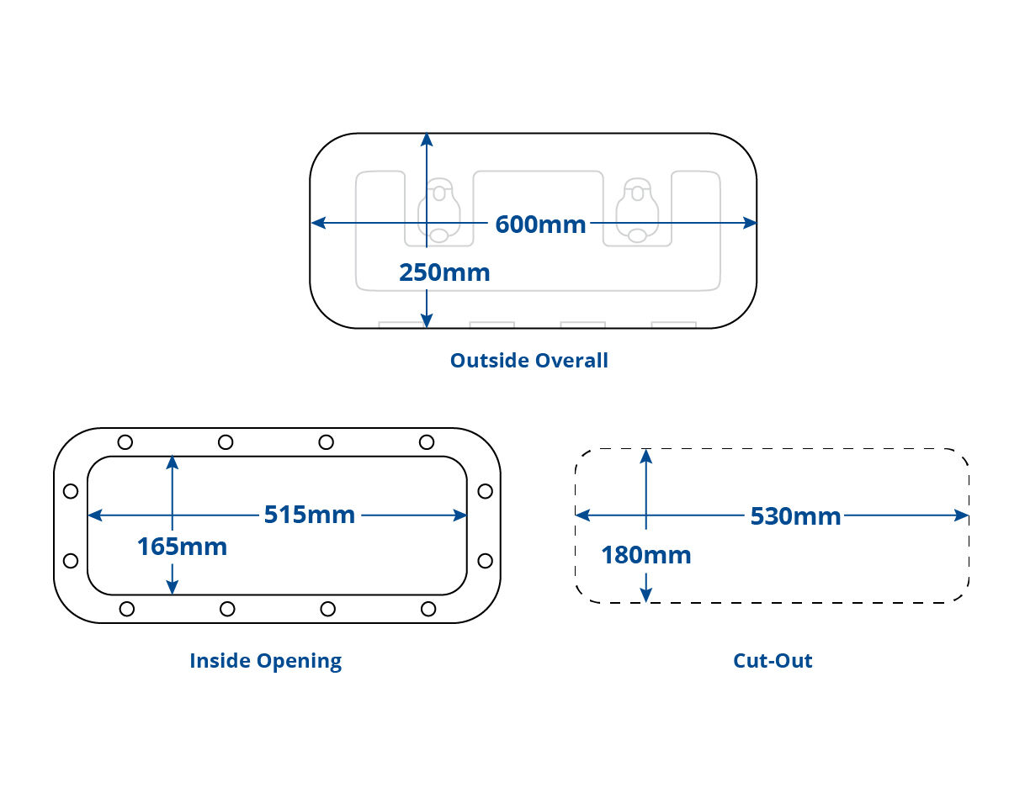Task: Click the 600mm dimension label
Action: [x=540, y=225]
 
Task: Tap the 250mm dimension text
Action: [x=443, y=272]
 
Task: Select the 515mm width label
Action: [x=309, y=515]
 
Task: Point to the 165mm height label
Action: [x=182, y=547]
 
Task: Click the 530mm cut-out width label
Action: [x=795, y=516]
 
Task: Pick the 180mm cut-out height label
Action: [x=645, y=555]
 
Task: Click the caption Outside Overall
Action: [x=528, y=361]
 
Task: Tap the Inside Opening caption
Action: [x=265, y=661]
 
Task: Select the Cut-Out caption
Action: [x=773, y=661]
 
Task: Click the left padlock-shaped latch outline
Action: [x=438, y=210]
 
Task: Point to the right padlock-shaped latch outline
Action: [x=637, y=210]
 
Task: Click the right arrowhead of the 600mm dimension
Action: [x=751, y=223]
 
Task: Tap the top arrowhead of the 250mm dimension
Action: [x=427, y=140]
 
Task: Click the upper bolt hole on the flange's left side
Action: [x=71, y=491]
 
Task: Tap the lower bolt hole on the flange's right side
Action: [x=485, y=560]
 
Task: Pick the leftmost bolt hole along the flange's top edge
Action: [x=125, y=442]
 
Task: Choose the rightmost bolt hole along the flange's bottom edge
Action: [x=428, y=609]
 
